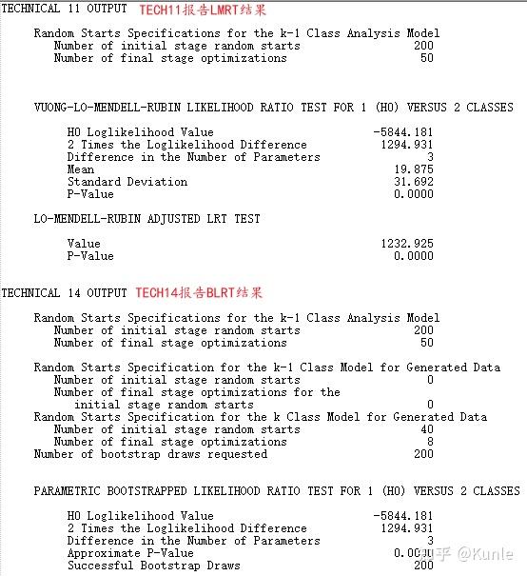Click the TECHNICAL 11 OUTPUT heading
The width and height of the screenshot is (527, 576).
pos(64,10)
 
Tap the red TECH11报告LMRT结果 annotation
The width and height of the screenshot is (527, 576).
pos(203,10)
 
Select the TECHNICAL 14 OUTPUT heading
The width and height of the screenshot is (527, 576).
pos(64,293)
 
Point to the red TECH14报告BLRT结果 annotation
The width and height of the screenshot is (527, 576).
pos(199,293)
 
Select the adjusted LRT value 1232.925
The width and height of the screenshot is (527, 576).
pos(407,244)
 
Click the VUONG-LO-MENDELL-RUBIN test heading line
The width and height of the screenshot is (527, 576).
pos(273,108)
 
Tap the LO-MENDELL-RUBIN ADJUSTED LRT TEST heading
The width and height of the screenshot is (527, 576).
pos(146,219)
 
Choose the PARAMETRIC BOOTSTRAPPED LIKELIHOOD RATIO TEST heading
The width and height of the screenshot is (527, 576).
pos(277,491)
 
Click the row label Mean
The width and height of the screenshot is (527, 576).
pos(81,169)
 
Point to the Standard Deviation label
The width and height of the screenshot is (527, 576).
pos(127,182)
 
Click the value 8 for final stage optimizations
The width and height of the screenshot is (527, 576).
pos(429,442)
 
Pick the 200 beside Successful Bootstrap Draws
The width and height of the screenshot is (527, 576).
pos(422,566)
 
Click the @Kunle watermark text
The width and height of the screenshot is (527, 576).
pos(485,553)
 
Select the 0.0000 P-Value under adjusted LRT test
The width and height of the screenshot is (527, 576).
pos(414,256)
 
